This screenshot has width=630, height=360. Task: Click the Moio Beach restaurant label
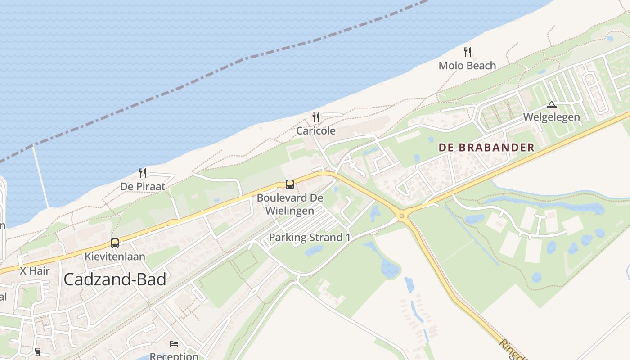(x=467, y=66)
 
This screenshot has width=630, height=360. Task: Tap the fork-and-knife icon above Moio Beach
(x=468, y=52)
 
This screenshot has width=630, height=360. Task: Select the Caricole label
(x=315, y=131)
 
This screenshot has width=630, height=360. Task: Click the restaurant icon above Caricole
(x=316, y=117)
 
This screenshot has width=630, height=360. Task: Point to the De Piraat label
(x=142, y=186)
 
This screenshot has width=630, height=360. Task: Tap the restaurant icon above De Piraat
(x=143, y=173)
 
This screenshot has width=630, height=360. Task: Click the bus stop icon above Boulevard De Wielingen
(x=290, y=184)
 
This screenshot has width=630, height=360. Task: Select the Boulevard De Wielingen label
(x=290, y=204)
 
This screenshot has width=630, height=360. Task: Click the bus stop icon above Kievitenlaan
(x=115, y=243)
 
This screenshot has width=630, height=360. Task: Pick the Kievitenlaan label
(x=115, y=256)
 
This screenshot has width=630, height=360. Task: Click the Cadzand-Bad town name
(x=115, y=279)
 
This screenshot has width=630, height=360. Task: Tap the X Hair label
(x=35, y=271)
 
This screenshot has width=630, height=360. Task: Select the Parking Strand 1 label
(x=309, y=238)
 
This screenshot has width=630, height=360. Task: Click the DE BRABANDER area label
(x=486, y=147)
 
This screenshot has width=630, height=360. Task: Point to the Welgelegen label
(x=551, y=118)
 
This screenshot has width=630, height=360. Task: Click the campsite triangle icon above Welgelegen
(x=551, y=105)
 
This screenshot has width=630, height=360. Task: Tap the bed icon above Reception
(x=174, y=344)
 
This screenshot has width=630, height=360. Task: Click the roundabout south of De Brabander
(x=402, y=216)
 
